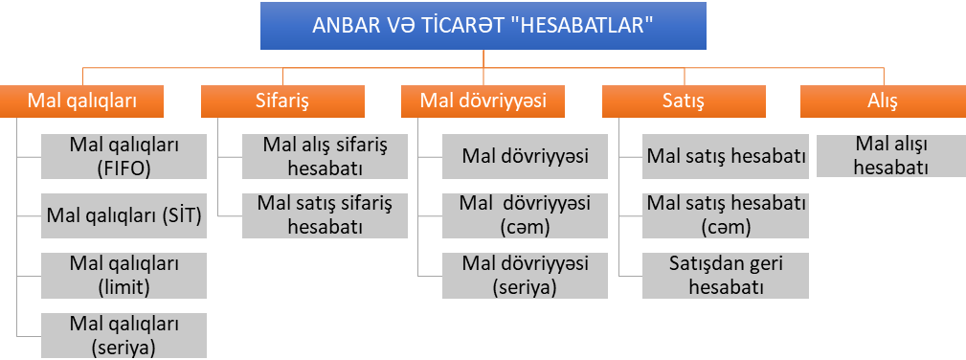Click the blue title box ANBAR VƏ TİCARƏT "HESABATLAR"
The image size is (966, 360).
click(483, 25)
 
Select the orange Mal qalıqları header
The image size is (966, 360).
click(82, 101)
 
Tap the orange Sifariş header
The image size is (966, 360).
click(282, 101)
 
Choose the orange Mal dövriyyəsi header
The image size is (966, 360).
click(483, 101)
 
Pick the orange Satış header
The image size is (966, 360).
click(684, 101)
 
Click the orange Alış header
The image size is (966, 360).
click(884, 101)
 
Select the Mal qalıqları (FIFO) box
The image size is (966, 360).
click(124, 157)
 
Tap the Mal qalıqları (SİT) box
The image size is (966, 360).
click(124, 215)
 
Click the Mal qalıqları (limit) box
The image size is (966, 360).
click(124, 276)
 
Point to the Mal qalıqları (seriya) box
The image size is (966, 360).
click(124, 335)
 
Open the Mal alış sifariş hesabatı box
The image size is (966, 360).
click(325, 157)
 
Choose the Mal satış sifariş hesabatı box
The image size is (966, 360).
click(325, 215)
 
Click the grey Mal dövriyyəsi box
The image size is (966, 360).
click(525, 157)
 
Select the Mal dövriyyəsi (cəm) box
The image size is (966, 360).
click(525, 215)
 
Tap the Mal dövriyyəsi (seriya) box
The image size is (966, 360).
click(525, 276)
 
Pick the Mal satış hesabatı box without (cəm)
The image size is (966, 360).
click(726, 157)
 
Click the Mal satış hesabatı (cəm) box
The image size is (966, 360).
click(726, 215)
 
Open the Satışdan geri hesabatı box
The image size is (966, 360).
click(726, 276)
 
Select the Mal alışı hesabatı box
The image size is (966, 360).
click(890, 155)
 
